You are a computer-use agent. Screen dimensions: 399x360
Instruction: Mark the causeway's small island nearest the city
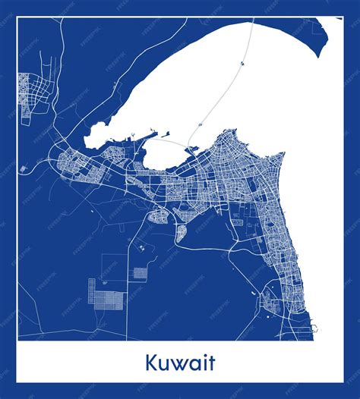(x=200, y=124)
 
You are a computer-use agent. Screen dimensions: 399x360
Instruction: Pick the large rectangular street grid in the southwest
(x=110, y=291)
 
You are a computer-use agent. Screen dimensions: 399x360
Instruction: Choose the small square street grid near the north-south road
(x=141, y=272)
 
